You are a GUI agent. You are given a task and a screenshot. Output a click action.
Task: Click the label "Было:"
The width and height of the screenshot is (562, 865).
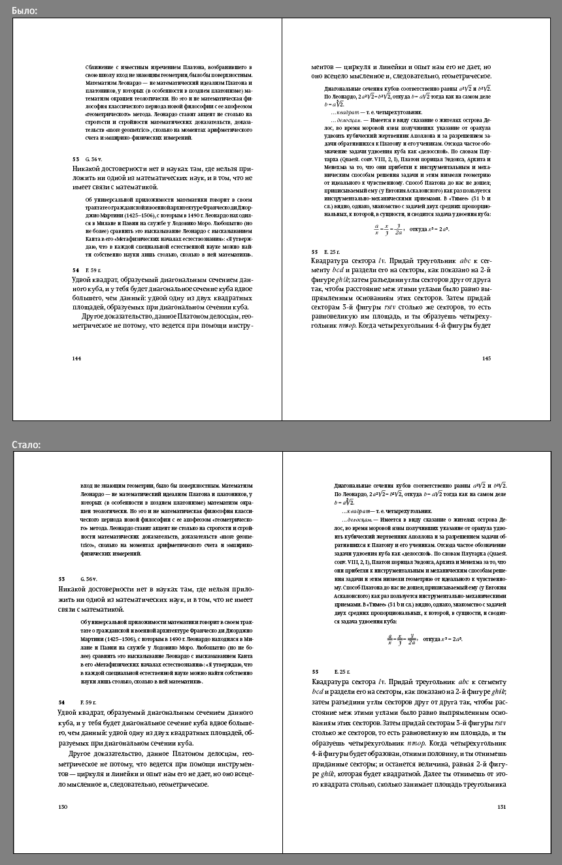(24, 10)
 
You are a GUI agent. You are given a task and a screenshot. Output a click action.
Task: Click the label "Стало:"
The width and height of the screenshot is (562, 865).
(26, 445)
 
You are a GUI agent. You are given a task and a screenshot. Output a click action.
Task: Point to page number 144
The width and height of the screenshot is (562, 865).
(76, 358)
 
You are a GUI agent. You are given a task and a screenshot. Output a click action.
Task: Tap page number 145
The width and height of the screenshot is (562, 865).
(486, 358)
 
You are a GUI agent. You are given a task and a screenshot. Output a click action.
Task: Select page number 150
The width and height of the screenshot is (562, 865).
(63, 808)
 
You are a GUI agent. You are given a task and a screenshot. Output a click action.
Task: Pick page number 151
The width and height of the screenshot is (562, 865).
(501, 808)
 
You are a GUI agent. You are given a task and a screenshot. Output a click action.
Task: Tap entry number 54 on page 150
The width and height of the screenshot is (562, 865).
(61, 702)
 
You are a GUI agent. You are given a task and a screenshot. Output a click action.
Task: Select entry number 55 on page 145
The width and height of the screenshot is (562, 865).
(314, 251)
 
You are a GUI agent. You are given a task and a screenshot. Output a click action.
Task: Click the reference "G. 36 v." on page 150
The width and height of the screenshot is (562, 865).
(88, 579)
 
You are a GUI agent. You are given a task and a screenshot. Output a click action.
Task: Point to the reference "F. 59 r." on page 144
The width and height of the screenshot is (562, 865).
(93, 270)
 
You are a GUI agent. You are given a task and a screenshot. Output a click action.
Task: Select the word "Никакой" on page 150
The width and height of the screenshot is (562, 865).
(74, 589)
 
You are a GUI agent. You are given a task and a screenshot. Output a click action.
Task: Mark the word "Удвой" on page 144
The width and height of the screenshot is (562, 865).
(83, 279)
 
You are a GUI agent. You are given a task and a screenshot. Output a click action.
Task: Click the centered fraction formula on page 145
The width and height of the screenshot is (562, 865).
(412, 229)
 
